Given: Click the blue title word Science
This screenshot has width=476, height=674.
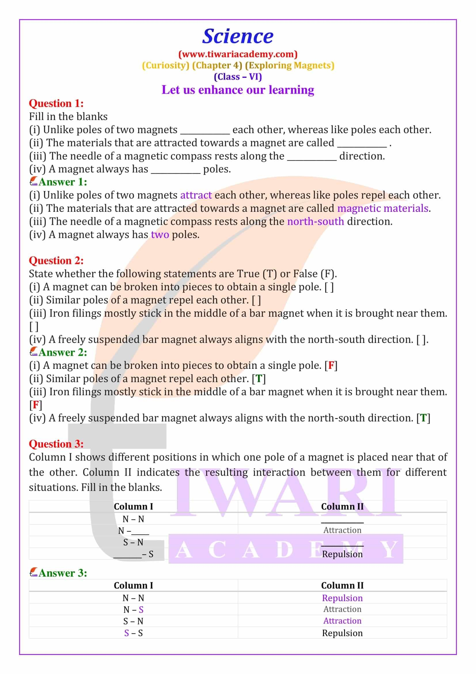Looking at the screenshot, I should (238, 36).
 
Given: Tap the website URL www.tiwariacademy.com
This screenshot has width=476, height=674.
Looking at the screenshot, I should (238, 54).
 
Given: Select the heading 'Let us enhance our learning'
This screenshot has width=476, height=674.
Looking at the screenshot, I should (238, 90).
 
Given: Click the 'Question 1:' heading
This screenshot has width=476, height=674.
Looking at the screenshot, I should (56, 103).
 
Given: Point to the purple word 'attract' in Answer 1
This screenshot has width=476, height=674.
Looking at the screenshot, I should (196, 195).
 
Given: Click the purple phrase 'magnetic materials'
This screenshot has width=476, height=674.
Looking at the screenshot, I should (383, 208).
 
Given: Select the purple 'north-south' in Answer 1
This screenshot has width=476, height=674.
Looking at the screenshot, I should (315, 221).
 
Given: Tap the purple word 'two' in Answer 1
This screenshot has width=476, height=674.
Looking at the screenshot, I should (160, 235).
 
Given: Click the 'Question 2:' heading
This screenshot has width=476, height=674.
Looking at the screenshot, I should (56, 261).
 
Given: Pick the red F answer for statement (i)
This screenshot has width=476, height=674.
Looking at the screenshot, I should (331, 365).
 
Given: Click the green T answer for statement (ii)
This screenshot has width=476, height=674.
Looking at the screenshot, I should (259, 379).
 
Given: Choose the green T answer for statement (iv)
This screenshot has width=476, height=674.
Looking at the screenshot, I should (423, 418).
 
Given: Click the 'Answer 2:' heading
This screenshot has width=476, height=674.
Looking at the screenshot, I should (63, 352).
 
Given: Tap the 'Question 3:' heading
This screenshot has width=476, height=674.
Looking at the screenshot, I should (56, 444).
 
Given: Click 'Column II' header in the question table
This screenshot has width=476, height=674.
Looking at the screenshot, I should (342, 507).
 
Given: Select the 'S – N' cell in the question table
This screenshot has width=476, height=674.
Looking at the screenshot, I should (133, 543).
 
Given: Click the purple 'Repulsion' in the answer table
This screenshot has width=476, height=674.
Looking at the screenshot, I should (342, 598).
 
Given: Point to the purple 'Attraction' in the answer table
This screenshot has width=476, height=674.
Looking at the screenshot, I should (342, 621).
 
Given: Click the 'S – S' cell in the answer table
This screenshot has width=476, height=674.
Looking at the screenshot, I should (133, 633).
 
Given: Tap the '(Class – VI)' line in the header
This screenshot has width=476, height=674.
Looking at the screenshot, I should (238, 77).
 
